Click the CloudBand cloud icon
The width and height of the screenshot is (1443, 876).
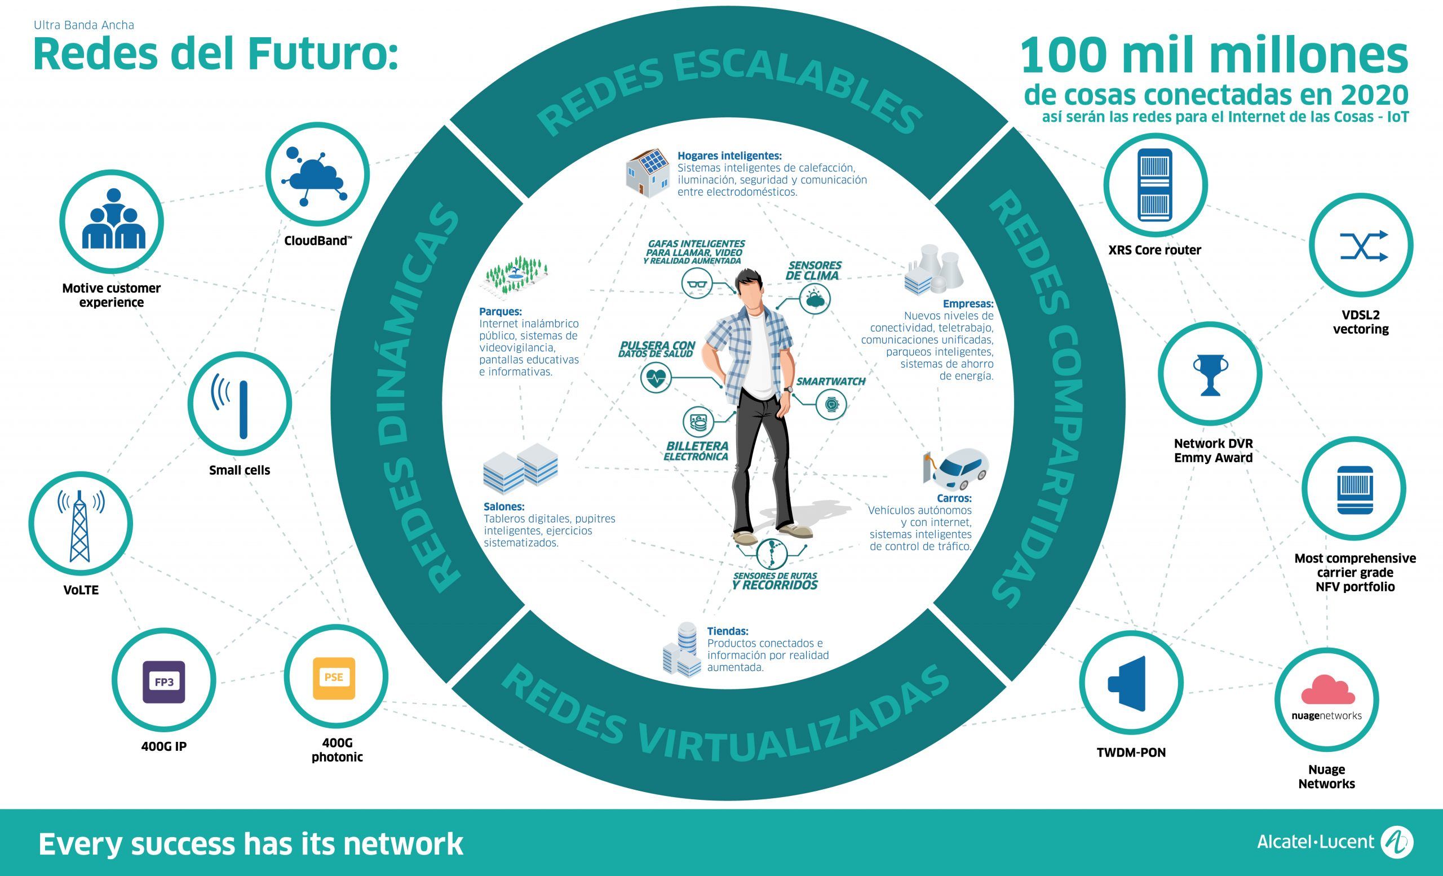[x=315, y=176]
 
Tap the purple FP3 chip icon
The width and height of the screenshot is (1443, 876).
[x=164, y=682]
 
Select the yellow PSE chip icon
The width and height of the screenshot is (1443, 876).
[x=334, y=678]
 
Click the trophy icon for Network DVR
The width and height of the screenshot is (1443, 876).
[x=1210, y=375]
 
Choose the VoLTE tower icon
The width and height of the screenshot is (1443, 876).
[x=80, y=526]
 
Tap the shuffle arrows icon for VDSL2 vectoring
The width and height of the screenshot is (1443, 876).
[x=1364, y=245]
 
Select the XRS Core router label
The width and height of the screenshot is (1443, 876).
[x=1154, y=250]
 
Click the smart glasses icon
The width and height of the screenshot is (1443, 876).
[x=697, y=284]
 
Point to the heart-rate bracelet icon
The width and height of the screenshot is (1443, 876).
[x=656, y=377]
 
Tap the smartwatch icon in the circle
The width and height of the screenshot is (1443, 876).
[x=831, y=404]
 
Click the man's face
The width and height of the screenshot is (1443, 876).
[x=750, y=295]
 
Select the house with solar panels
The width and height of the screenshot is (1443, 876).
[x=648, y=172]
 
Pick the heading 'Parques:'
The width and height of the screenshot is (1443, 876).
[x=500, y=312]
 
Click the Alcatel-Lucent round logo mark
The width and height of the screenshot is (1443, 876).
[x=1397, y=843]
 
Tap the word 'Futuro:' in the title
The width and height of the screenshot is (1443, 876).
[x=322, y=54]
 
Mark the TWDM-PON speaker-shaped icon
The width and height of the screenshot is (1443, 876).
[x=1127, y=684]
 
